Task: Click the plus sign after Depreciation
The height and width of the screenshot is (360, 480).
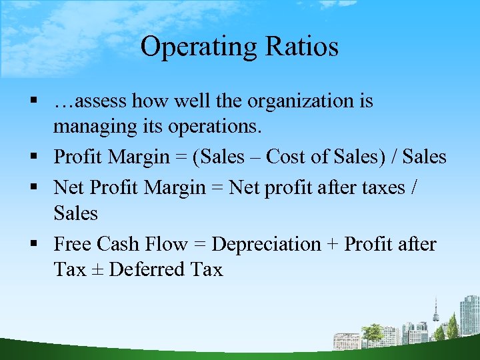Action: point(331,245)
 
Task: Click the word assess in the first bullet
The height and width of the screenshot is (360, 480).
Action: point(101,101)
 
